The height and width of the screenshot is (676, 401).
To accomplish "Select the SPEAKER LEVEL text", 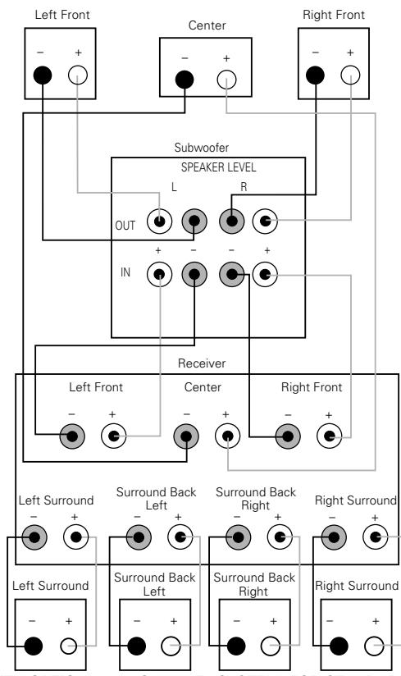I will point(208,167).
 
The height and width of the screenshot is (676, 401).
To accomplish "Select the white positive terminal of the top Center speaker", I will point(226,80).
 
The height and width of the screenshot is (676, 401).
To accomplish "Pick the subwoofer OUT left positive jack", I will point(159,220).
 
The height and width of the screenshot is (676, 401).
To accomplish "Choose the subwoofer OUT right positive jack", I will point(265,220).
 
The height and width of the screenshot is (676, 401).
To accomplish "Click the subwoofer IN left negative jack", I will point(194,274).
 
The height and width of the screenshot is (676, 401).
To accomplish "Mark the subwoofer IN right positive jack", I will point(265,274).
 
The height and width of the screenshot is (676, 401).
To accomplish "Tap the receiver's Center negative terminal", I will point(186,436).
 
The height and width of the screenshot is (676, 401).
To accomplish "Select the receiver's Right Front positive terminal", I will point(329,436).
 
